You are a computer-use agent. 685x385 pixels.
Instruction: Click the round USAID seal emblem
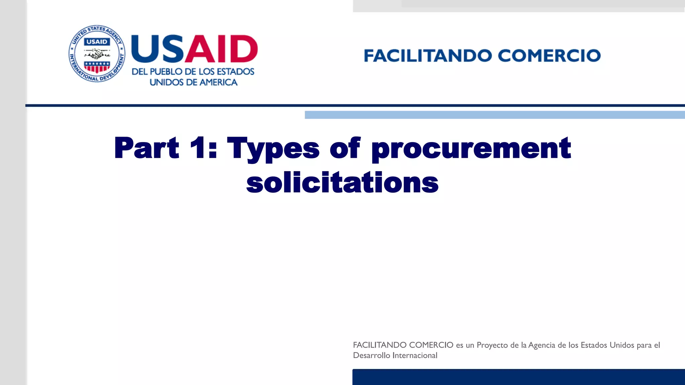point(97,54)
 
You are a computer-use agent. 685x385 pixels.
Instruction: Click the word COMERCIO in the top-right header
point(549,56)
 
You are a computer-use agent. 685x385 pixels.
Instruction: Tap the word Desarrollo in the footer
point(371,356)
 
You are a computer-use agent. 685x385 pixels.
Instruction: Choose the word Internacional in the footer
point(415,356)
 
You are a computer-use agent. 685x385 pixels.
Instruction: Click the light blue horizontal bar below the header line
point(495,115)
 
